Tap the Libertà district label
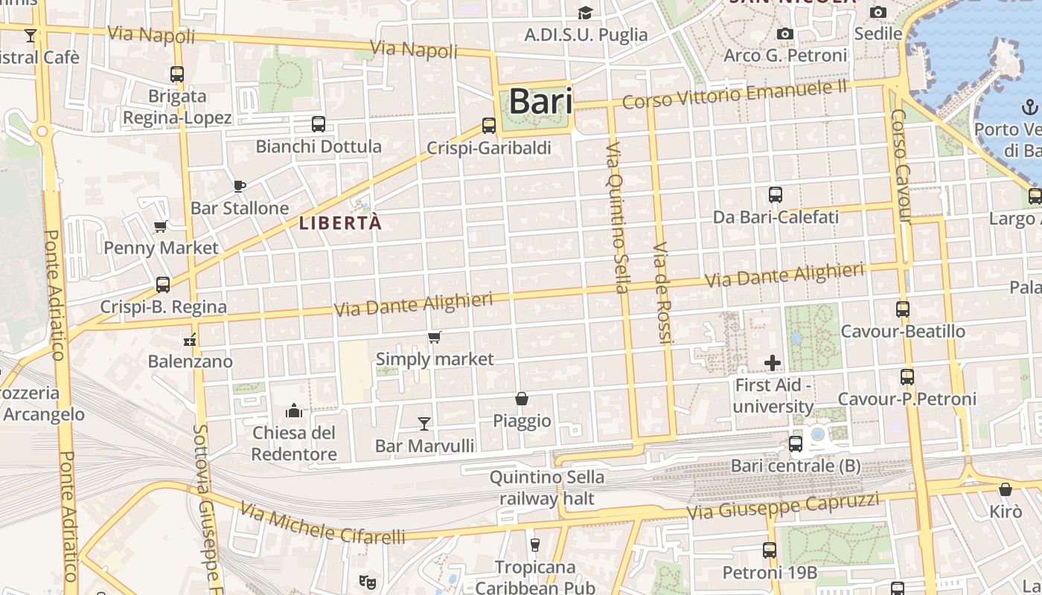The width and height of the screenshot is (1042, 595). (340, 222)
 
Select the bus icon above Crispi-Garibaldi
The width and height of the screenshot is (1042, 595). (489, 126)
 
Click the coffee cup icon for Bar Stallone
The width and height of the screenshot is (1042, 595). (239, 186)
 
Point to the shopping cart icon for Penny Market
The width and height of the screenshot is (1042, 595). (160, 226)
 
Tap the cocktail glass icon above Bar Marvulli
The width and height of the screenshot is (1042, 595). (424, 424)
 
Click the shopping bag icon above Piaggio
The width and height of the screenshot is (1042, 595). (522, 399)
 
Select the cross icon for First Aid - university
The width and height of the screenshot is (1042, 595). (773, 363)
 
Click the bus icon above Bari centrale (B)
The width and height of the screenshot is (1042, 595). (796, 444)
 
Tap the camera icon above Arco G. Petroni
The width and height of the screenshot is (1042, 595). (784, 34)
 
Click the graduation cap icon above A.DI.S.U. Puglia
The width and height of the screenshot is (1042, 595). (586, 13)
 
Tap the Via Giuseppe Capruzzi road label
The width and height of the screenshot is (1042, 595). (782, 506)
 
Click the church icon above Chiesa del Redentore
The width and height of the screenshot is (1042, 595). (294, 411)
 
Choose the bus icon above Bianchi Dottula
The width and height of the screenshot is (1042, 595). (319, 124)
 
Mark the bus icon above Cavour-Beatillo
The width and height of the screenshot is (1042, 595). (903, 309)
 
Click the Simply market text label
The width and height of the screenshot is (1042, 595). (435, 359)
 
